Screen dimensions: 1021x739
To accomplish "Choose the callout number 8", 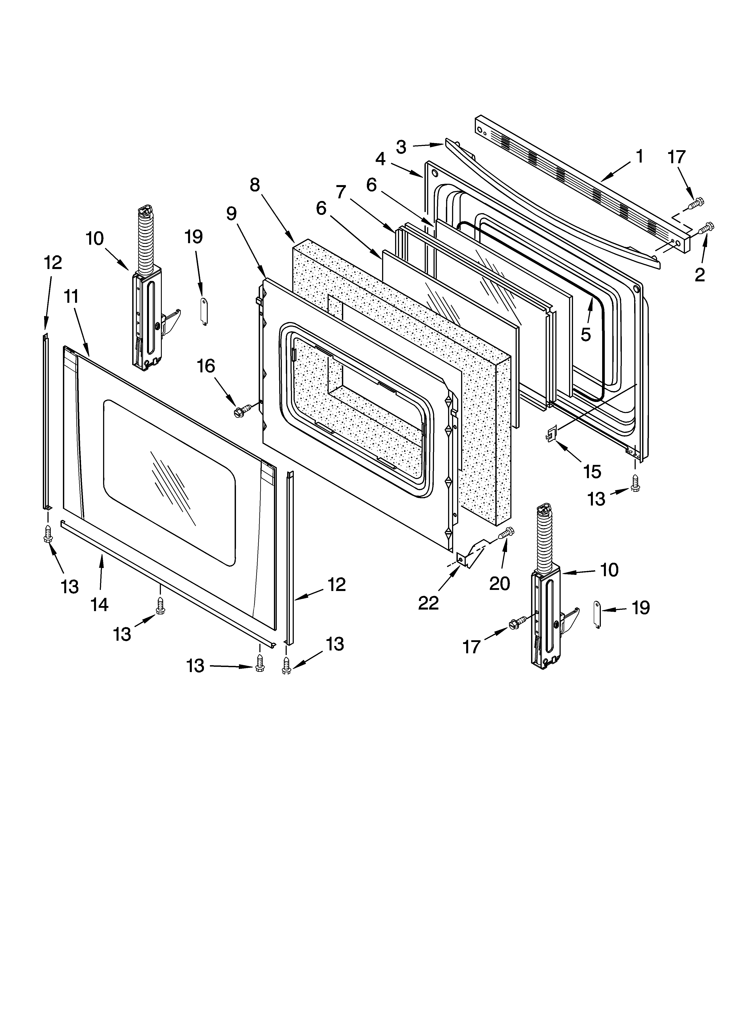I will pyautogui.click(x=255, y=185).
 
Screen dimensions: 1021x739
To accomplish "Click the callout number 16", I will pyautogui.click(x=206, y=366).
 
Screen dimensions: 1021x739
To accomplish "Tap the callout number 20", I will pyautogui.click(x=500, y=583).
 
